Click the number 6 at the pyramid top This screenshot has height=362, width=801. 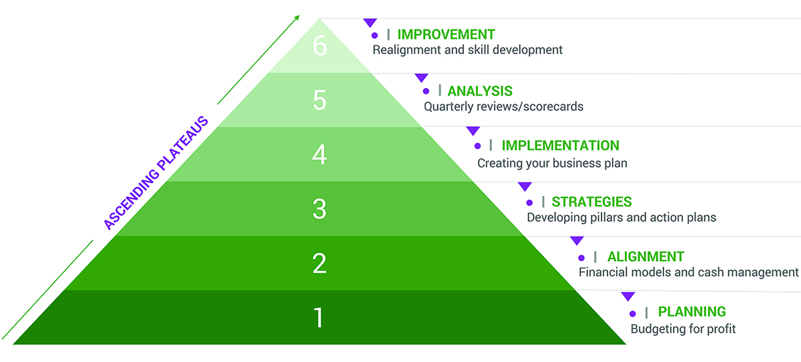[x=320, y=46]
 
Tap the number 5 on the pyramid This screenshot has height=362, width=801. [x=320, y=100]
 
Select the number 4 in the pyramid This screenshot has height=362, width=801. [x=319, y=154]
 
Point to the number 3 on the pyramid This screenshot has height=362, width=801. [x=319, y=209]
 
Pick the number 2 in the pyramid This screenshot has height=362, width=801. [x=319, y=263]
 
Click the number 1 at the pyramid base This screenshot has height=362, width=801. [x=318, y=318]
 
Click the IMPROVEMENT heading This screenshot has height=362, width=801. [x=447, y=35]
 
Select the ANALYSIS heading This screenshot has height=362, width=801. [x=480, y=92]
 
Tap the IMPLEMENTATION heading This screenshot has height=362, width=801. [x=560, y=146]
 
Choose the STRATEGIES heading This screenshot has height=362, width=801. [x=591, y=202]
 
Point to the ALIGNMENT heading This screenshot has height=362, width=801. [x=645, y=257]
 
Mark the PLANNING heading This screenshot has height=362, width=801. [x=692, y=312]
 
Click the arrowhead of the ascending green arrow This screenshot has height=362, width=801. [x=297, y=17]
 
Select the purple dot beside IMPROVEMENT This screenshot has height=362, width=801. [x=374, y=35]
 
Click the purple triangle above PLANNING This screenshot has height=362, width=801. [x=628, y=296]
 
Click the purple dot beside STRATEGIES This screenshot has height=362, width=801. [x=529, y=203]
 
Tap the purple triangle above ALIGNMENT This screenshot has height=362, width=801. [x=577, y=240]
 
